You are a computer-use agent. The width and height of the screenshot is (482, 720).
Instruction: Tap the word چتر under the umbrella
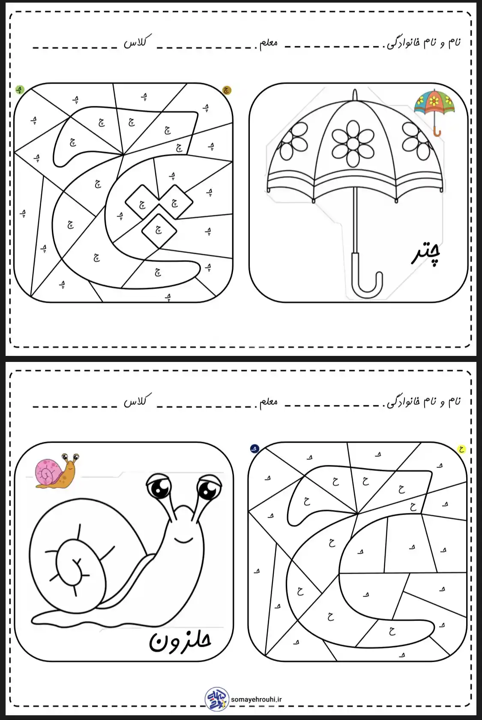coord(426,255)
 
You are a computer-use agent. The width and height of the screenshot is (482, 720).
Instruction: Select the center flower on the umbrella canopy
coord(353,143)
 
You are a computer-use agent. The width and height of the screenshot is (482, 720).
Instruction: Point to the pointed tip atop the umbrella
coord(355,94)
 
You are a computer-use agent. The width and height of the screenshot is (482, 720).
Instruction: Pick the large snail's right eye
coord(209,488)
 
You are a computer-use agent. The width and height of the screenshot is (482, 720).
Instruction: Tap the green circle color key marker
coord(20,90)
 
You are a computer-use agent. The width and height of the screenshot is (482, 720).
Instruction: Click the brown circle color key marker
coord(227,90)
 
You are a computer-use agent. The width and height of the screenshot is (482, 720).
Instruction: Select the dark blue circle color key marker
coord(254,449)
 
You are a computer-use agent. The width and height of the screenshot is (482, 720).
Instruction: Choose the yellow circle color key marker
coord(461,449)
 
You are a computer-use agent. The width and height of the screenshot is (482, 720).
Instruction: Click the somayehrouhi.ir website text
coord(256,699)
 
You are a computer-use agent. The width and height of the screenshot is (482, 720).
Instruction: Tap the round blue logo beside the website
coord(217,699)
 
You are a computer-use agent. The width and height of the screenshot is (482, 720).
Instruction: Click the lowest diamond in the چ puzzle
coord(159,230)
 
